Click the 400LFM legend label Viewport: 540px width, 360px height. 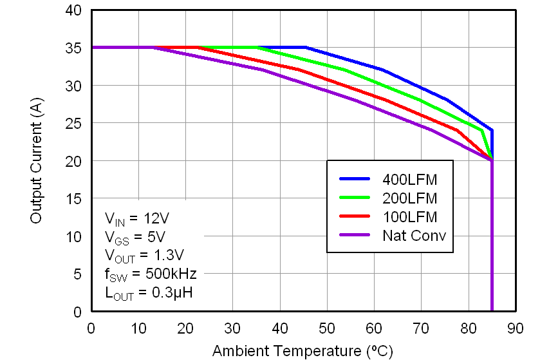coord(409,179)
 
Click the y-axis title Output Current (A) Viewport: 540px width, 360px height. coord(37,162)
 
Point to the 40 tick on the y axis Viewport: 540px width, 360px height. coord(73,10)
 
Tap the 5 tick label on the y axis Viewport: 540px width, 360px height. coord(77,274)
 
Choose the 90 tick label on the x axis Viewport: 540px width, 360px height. coord(516,328)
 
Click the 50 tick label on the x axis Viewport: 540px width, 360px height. coord(327,328)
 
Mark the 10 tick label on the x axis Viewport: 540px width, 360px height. coord(138,328)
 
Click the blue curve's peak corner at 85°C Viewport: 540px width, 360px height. coord(492,131)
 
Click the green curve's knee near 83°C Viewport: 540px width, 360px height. coord(481,131)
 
